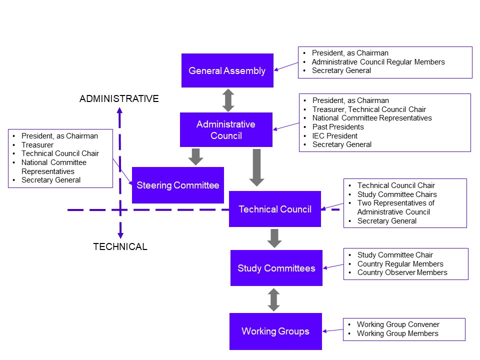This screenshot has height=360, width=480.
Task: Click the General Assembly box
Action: [227, 70]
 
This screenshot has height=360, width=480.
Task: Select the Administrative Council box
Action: [226, 129]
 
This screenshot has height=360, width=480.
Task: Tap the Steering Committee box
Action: [177, 185]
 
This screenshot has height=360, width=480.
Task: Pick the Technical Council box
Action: [274, 209]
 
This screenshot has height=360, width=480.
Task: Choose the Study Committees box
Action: [276, 268]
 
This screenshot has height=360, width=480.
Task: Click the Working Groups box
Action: [275, 331]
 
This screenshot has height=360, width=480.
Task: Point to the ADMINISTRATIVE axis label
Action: [119, 99]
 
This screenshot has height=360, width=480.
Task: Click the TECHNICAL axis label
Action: [120, 246]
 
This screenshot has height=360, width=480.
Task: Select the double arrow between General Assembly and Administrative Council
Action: [228, 100]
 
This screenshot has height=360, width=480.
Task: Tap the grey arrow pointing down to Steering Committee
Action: [196, 156]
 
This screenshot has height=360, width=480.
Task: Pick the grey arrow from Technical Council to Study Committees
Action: [274, 238]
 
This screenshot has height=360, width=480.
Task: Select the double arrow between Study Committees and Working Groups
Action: [273, 299]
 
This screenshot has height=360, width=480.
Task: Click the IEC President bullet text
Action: [335, 135]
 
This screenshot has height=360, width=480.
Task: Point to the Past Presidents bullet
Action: [338, 127]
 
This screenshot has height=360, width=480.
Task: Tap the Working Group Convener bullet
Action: [398, 324]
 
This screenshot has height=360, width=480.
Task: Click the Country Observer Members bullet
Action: [402, 272]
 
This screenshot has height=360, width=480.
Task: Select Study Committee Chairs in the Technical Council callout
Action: [397, 194]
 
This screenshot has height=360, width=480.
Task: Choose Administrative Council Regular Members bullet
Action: [378, 62]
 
